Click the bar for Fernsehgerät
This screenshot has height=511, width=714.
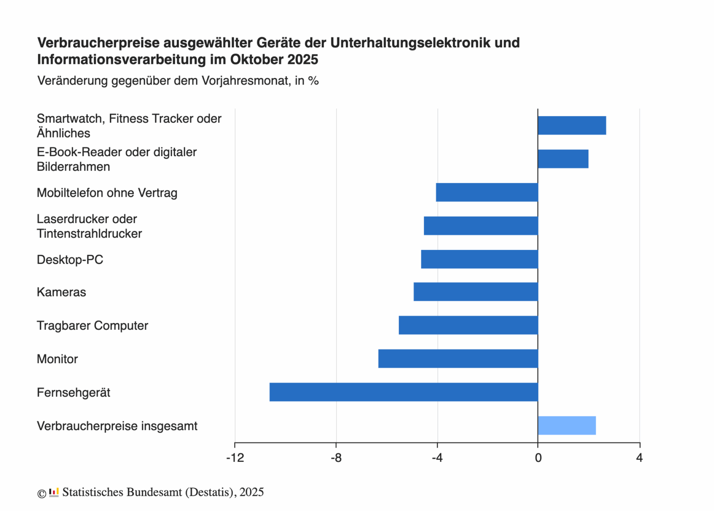click(403, 392)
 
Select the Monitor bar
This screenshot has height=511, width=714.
click(458, 358)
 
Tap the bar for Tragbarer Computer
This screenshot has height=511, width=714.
click(468, 325)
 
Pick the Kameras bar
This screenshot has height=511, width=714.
click(476, 291)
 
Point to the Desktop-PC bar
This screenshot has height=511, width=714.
click(479, 259)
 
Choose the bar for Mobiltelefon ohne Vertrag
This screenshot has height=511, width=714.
click(487, 192)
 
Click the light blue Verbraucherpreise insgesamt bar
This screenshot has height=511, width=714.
click(567, 425)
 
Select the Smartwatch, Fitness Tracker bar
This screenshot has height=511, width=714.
click(572, 125)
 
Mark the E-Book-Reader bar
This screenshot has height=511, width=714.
click(563, 159)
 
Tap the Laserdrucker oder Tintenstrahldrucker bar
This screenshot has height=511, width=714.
click(481, 225)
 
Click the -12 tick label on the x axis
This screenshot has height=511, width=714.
click(235, 458)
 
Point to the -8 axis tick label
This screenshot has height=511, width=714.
click(336, 458)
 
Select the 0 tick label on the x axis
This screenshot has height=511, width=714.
click(538, 458)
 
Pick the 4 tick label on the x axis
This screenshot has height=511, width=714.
click(639, 458)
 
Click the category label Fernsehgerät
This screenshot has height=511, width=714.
click(73, 392)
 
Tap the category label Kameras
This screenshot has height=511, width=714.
click(61, 292)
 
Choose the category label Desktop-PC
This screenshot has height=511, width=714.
click(70, 259)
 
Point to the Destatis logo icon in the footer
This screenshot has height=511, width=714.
click(54, 492)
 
